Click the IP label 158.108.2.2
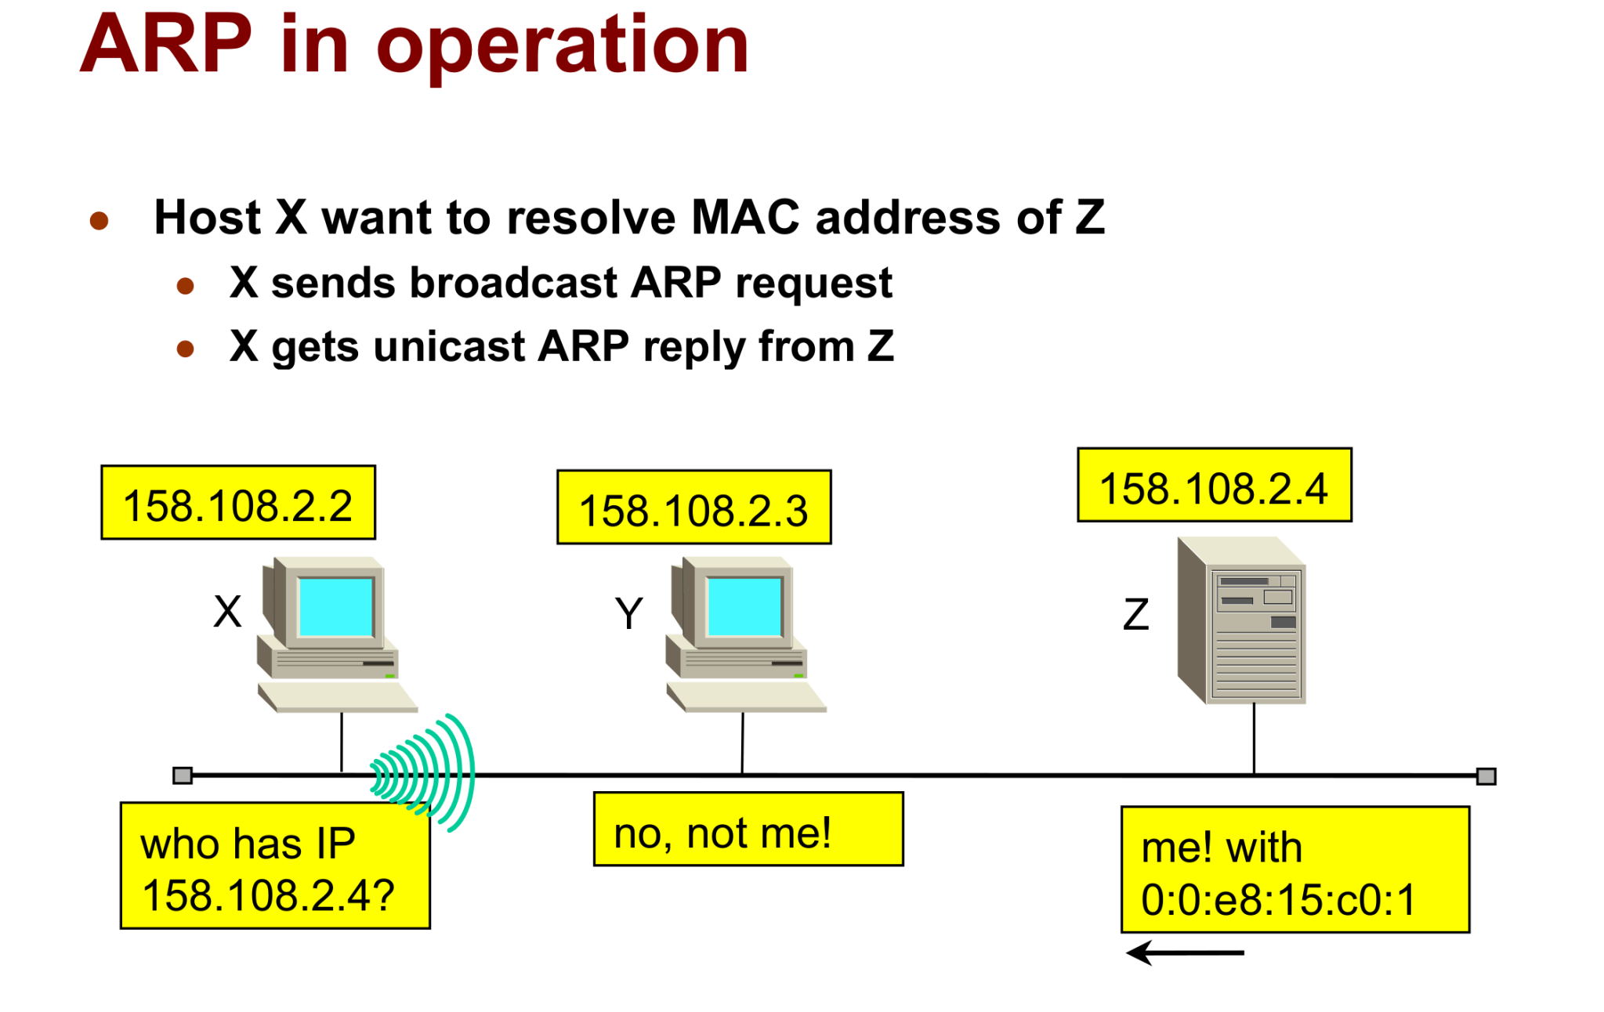(x=237, y=504)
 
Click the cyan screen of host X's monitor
(x=335, y=607)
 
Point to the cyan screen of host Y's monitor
(x=744, y=607)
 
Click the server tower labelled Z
(x=1242, y=620)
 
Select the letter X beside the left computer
(x=227, y=612)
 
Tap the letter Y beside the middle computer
(x=628, y=613)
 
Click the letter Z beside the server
(x=1135, y=615)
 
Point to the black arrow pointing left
(x=1183, y=952)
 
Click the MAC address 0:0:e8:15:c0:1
(x=1278, y=899)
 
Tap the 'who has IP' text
(x=248, y=844)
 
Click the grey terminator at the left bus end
(x=183, y=775)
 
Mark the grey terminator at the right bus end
(x=1486, y=776)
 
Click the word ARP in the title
(x=166, y=45)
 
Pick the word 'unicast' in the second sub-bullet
(x=449, y=346)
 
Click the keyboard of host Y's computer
(x=746, y=696)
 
